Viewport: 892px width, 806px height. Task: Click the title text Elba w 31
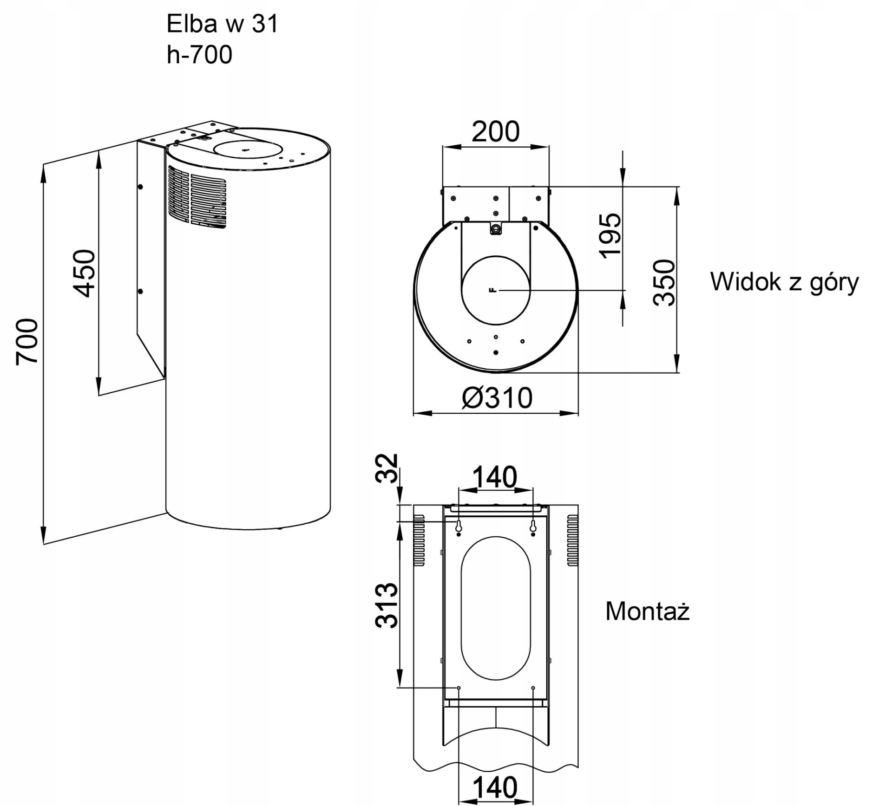point(222,24)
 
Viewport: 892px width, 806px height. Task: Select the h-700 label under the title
point(199,55)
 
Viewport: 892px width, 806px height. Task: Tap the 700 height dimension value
point(27,342)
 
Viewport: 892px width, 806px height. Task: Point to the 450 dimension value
point(84,273)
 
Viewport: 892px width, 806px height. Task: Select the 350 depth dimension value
point(664,282)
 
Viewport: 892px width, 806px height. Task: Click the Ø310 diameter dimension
point(497,398)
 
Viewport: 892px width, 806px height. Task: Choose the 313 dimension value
point(387,605)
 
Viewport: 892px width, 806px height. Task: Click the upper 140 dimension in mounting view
point(494,477)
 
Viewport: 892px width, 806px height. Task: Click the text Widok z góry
point(785,282)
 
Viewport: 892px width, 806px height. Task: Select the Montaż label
point(648,611)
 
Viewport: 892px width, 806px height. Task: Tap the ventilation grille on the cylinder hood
point(197,197)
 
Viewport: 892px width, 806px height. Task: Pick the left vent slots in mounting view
point(419,540)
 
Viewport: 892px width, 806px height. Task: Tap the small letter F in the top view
point(493,290)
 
